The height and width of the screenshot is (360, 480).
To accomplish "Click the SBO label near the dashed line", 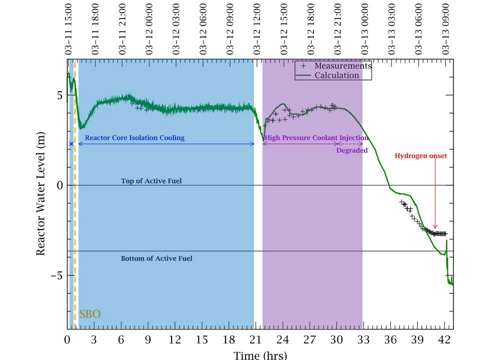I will tap(90, 314).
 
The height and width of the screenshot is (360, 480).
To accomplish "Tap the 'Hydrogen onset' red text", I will tap(420, 156).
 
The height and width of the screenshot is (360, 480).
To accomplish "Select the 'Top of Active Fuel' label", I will tap(151, 180).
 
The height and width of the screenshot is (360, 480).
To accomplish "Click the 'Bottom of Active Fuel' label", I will tap(156, 258).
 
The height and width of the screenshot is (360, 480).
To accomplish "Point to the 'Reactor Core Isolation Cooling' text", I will tap(134, 137).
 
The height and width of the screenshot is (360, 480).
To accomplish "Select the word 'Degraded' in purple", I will tap(351, 150).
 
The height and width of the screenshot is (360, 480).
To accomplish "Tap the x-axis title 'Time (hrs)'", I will tap(260, 354).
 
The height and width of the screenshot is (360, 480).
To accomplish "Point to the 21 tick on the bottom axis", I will tap(256, 339).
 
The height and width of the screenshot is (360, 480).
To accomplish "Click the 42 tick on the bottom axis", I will tap(444, 339).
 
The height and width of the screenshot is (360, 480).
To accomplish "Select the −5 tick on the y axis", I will tap(56, 275).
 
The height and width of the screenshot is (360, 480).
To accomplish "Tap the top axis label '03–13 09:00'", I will tap(445, 28).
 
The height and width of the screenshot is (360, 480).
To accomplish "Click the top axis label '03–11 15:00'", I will tap(68, 28).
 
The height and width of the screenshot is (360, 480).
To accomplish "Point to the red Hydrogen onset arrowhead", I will tap(435, 227).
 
